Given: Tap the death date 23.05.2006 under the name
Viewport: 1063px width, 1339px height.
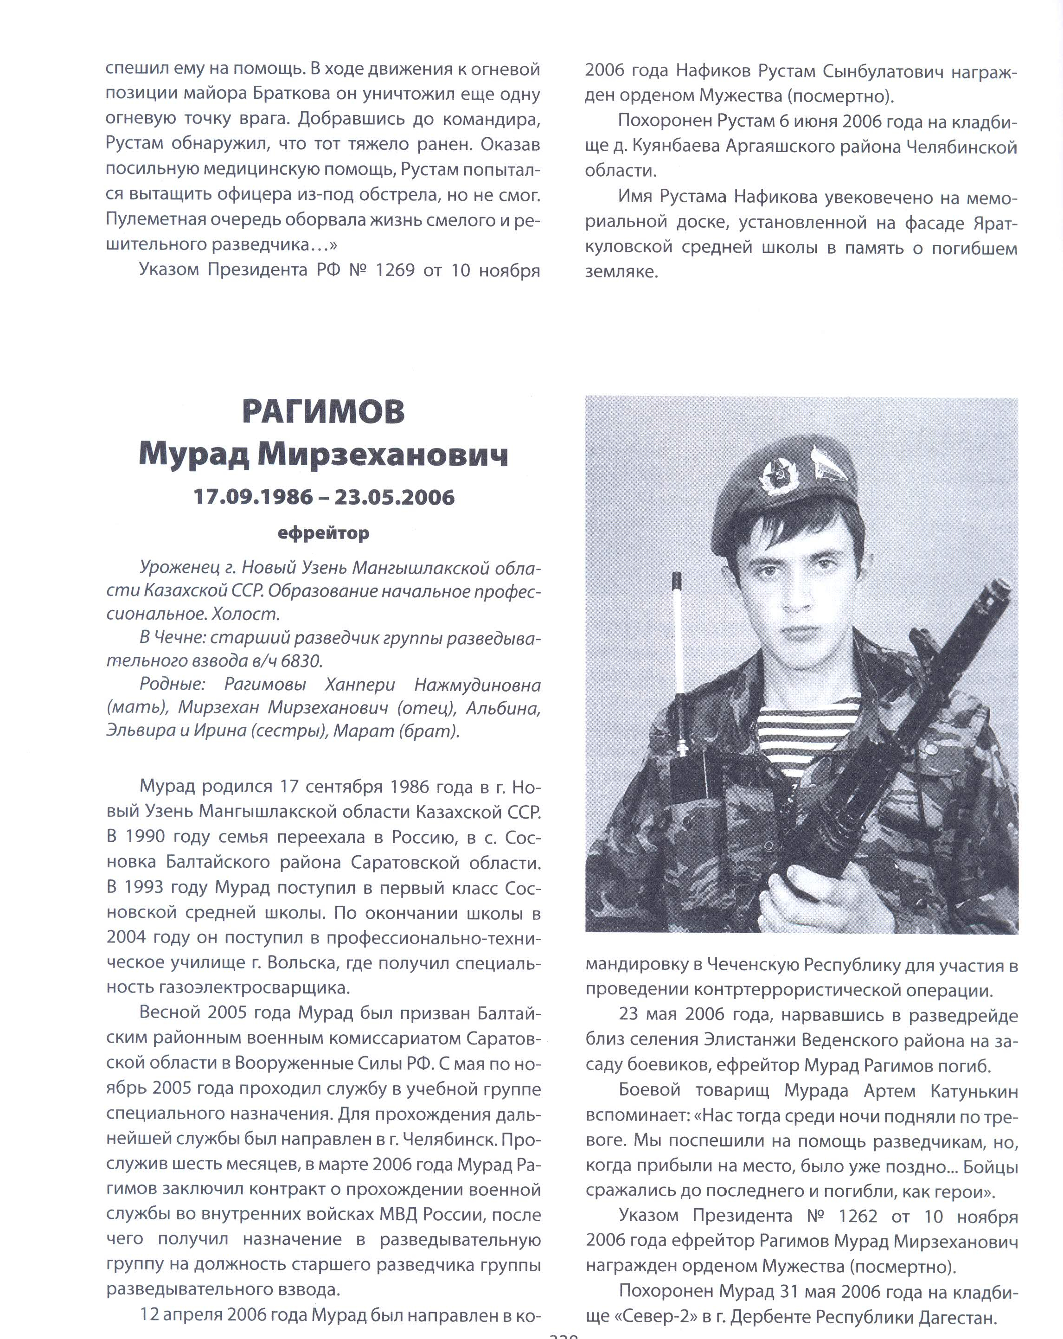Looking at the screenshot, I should [394, 498].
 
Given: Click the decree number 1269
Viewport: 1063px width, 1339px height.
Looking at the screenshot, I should [395, 271].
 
